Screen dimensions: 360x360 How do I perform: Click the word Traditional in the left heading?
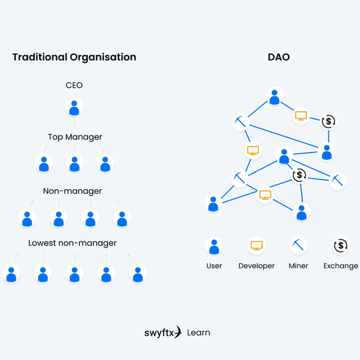40,57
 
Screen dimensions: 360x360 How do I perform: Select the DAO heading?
279,57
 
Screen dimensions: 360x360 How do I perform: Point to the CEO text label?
74,85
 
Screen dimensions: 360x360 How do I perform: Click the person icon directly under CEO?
74,107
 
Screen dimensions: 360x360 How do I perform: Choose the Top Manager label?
75,137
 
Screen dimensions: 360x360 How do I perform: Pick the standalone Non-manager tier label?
73,191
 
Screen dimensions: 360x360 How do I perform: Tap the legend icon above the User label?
213,246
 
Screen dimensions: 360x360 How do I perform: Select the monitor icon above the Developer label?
257,246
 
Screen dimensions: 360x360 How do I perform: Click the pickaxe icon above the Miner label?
298,246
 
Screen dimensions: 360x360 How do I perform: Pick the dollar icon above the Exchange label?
340,246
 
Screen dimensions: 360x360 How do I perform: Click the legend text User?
213,266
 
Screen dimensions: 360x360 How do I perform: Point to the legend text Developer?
257,266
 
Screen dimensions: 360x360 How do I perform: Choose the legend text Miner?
298,266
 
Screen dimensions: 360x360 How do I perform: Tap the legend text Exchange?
340,266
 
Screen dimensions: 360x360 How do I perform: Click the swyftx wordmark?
159,333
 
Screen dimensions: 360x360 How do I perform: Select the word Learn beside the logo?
198,333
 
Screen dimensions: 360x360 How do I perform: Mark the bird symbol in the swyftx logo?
177,332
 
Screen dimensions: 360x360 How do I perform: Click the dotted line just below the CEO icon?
74,124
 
